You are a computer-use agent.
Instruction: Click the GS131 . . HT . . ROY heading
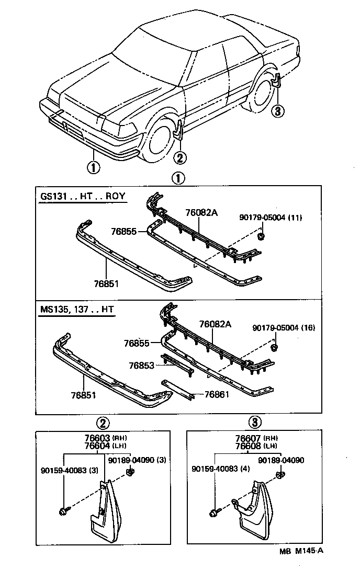click(x=83, y=197)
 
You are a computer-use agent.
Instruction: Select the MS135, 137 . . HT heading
click(x=76, y=309)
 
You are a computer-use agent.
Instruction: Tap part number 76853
click(x=142, y=366)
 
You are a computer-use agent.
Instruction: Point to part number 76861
click(x=217, y=394)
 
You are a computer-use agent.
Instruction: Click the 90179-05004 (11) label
click(x=271, y=217)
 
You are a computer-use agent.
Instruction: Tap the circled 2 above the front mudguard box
click(x=103, y=423)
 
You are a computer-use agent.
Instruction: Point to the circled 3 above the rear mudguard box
click(x=255, y=423)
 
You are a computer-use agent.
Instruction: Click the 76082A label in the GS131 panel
click(x=201, y=213)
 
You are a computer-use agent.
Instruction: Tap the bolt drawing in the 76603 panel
click(x=63, y=510)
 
